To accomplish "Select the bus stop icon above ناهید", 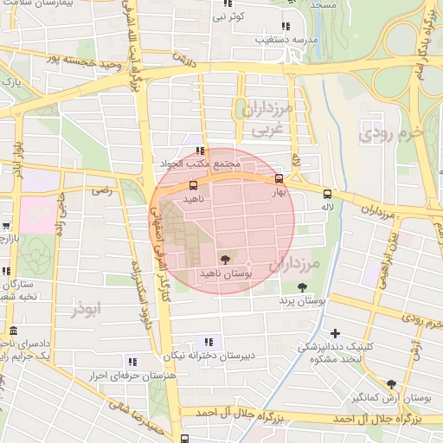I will pos(192,184).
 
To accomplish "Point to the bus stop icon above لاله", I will pos(327,194).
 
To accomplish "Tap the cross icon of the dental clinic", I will pos(335,333).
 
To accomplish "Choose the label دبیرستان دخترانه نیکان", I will pos(208,355).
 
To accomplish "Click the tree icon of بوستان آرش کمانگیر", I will pos(391,384).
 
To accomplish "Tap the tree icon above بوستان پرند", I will pos(302,287).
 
